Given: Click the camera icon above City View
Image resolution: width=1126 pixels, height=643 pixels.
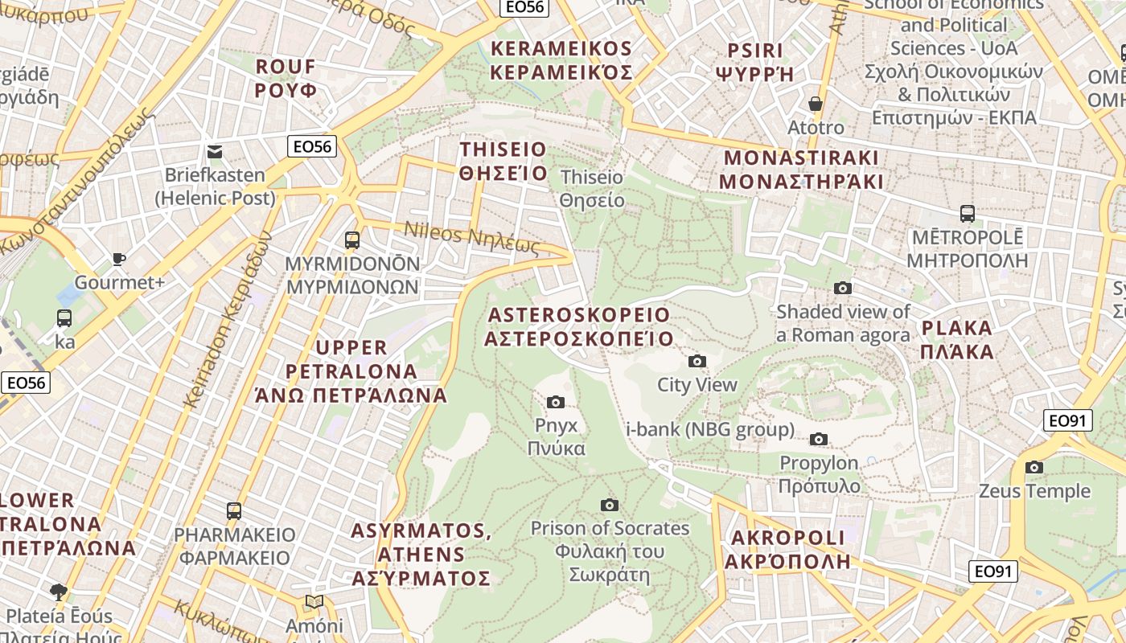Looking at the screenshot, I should point(697,362).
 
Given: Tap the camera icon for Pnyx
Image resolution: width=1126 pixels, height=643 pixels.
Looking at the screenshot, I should point(556,402).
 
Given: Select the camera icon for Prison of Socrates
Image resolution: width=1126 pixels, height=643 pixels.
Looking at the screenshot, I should point(610,505).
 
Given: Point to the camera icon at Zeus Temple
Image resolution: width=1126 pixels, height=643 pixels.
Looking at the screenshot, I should point(1034,467).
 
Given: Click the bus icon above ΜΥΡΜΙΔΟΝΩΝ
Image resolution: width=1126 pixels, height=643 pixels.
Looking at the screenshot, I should point(351,240).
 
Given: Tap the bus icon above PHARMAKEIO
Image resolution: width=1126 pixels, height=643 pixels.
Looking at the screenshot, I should point(234,510).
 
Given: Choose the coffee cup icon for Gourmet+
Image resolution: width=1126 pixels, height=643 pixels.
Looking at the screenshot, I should point(119,259).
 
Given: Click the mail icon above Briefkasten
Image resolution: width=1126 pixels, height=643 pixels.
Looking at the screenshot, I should point(215,152).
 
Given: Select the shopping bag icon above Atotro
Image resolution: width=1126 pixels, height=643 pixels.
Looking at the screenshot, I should point(816,104).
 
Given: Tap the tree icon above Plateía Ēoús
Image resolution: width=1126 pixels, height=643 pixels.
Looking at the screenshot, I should point(59,592).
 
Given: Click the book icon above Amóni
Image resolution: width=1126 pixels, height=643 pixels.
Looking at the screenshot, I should point(314,602).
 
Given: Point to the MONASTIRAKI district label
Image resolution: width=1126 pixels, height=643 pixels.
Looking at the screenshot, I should point(801,169).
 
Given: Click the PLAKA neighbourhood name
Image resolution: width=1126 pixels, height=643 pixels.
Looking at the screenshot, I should point(957,339).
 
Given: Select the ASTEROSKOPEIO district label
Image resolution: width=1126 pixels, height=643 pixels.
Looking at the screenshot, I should point(579,326).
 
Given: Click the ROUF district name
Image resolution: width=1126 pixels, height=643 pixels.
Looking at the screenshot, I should point(286,77).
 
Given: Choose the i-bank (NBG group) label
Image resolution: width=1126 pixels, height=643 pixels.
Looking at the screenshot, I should point(710,430).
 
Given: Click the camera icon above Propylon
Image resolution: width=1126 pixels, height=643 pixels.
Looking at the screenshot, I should point(819,439).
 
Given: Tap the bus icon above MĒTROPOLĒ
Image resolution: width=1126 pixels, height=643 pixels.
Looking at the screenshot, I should point(968,214).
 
